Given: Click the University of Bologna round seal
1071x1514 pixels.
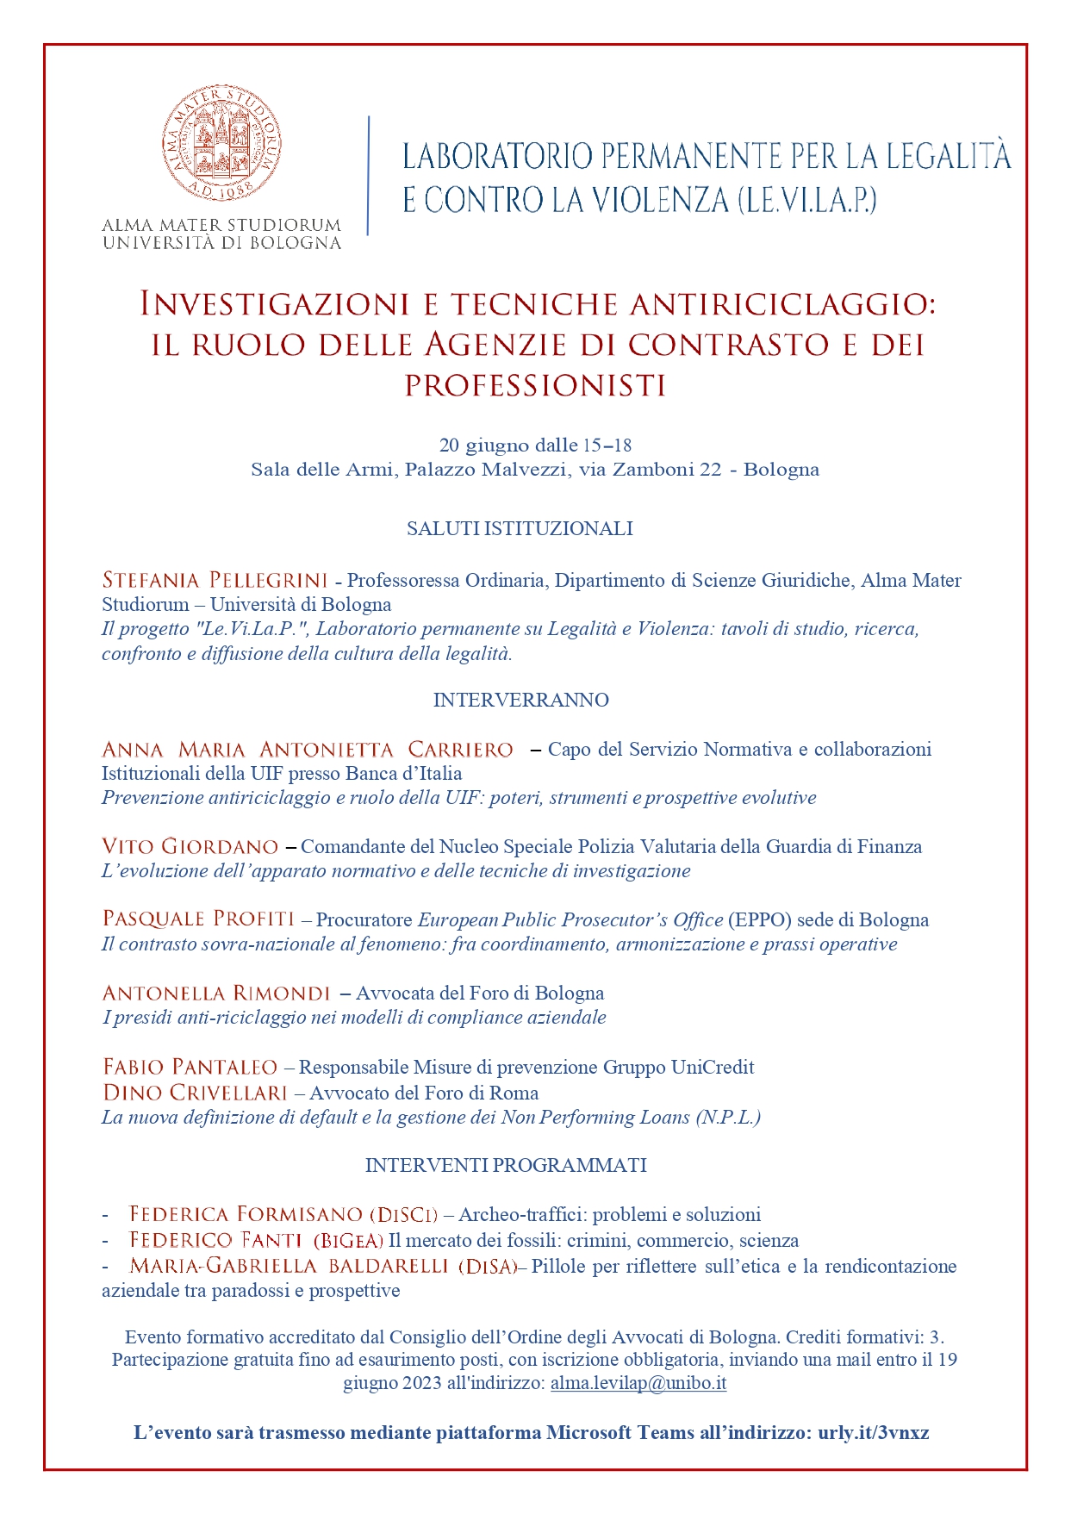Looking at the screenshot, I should (x=221, y=145).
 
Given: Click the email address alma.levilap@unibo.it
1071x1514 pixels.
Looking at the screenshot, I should (x=638, y=1383).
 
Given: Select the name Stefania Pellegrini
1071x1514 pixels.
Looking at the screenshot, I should (x=215, y=580).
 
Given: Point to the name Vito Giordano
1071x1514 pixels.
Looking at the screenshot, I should (x=190, y=846).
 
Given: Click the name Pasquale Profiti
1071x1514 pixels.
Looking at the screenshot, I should (x=198, y=919).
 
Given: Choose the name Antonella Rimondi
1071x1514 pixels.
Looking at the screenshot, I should (x=216, y=993).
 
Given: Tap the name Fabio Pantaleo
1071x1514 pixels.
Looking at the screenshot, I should (x=190, y=1067).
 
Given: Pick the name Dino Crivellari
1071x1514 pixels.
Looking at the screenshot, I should (x=195, y=1093).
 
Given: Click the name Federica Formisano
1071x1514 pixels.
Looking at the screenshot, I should (x=246, y=1214).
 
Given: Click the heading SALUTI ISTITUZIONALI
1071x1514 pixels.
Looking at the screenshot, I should (x=520, y=528).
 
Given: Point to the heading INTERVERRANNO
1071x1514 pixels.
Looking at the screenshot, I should (x=520, y=700).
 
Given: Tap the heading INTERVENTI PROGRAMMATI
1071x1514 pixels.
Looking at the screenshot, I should (x=506, y=1165).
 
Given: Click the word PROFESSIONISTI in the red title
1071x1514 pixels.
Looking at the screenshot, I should (x=535, y=385).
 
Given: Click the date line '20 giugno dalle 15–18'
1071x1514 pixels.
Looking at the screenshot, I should (x=535, y=445).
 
